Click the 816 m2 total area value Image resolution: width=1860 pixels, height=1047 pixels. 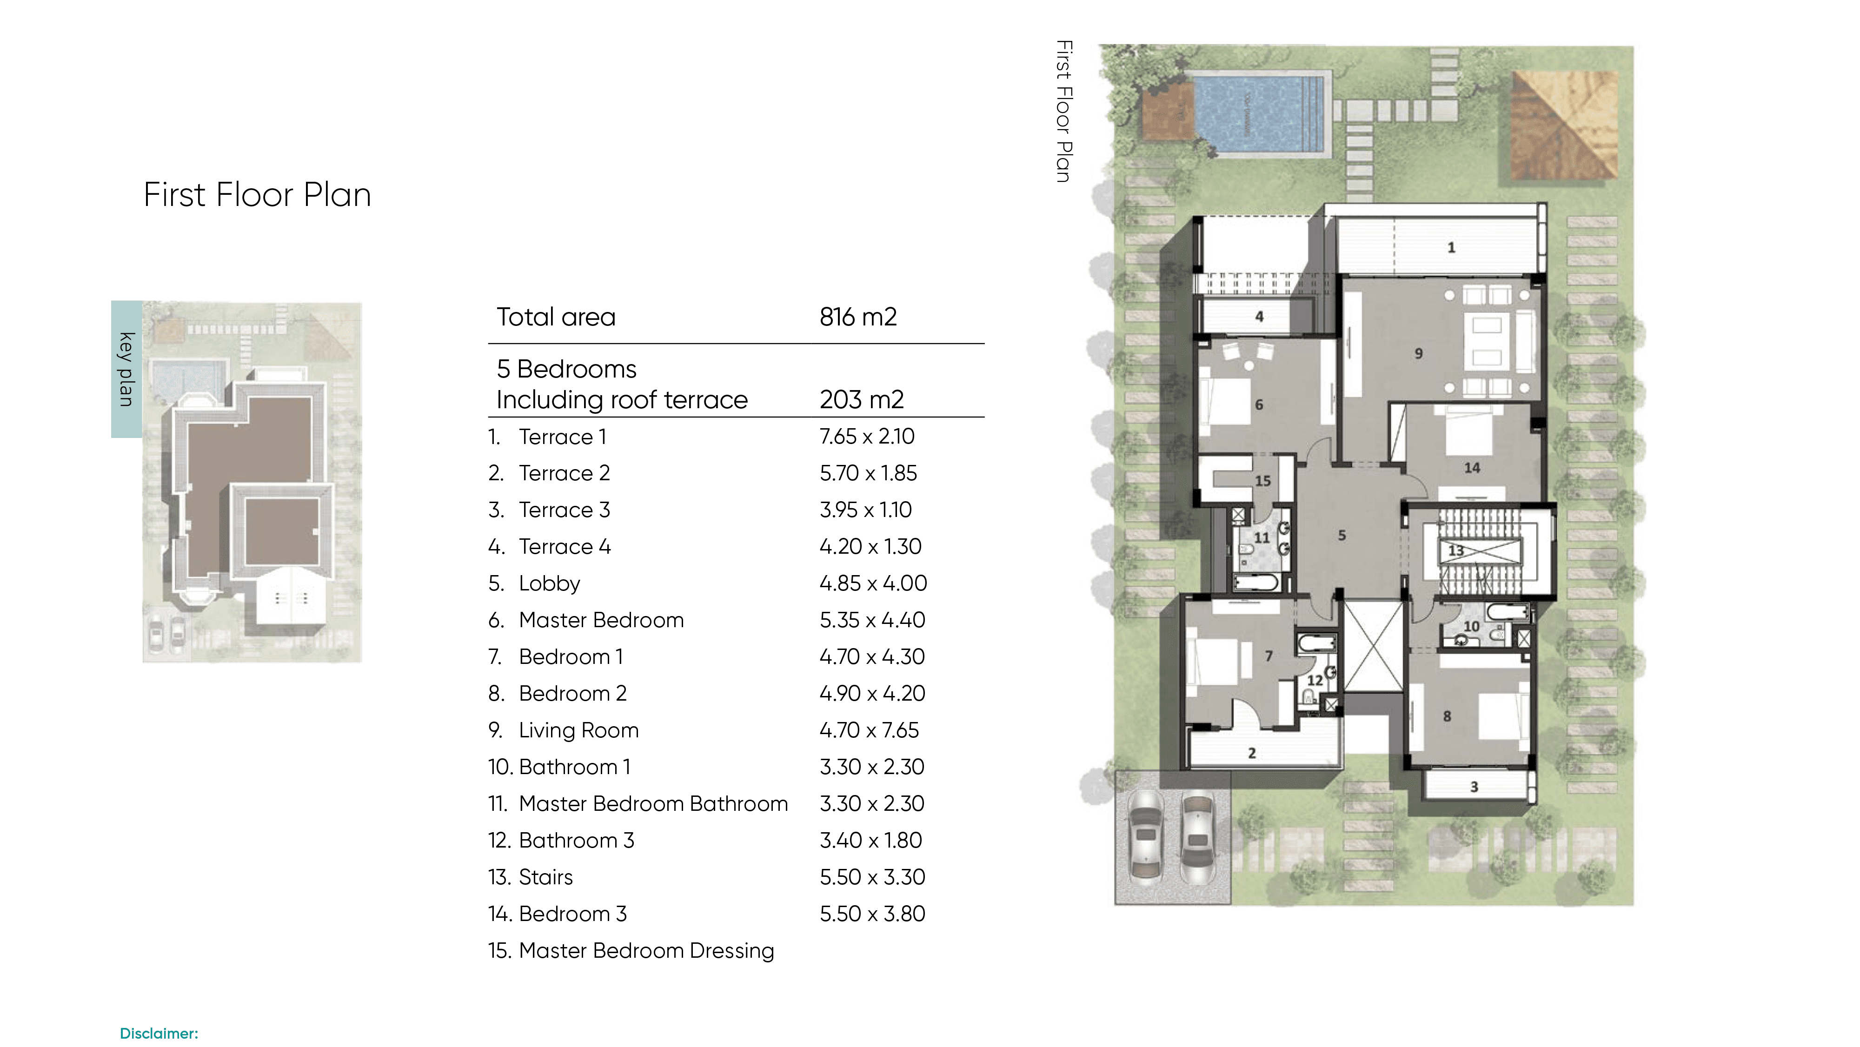coord(858,317)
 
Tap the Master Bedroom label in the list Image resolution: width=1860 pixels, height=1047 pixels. coord(601,620)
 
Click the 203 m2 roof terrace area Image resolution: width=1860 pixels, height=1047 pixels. coord(861,399)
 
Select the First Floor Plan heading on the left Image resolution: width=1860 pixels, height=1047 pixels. coord(257,195)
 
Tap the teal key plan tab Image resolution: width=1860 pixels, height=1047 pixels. coord(126,369)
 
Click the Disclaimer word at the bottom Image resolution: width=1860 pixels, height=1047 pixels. coord(159,1033)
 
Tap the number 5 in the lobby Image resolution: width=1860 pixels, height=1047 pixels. coord(1342,536)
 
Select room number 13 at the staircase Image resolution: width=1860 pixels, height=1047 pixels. coord(1455,550)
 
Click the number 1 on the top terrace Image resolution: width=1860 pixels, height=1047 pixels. coord(1451,248)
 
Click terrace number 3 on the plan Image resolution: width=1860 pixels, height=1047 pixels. coord(1475,787)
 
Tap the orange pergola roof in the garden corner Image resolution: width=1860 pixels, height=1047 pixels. coord(1565,125)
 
